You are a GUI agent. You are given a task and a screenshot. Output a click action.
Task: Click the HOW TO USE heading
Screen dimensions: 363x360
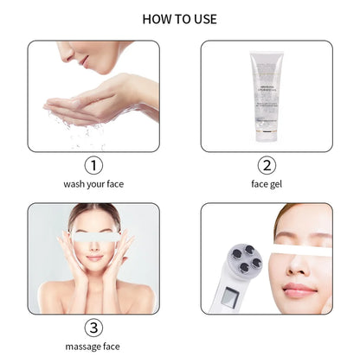[179, 18]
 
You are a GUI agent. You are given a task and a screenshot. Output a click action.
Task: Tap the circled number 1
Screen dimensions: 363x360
[93, 165]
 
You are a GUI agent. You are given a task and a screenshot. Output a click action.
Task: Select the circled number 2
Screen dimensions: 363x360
[266, 165]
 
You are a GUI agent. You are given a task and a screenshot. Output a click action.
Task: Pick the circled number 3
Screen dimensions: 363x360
[93, 328]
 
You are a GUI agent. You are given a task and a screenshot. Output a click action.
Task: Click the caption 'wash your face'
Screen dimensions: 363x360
[93, 184]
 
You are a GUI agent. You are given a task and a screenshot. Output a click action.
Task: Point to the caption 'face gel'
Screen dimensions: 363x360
[266, 184]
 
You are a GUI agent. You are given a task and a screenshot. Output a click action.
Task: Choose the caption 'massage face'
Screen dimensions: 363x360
[93, 347]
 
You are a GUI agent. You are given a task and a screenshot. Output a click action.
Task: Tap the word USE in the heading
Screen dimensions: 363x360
[203, 18]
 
